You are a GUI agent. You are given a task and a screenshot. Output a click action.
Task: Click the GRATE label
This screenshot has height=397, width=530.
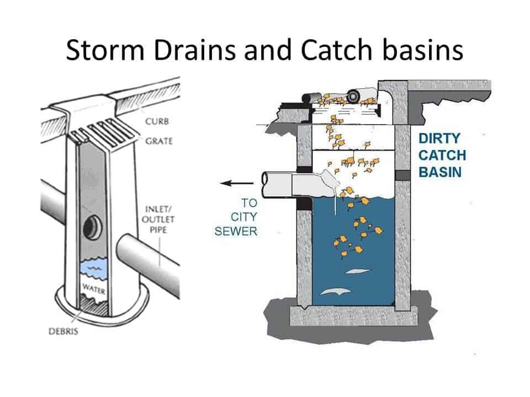[159, 141]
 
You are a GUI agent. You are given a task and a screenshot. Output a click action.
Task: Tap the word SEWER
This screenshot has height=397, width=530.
[236, 230]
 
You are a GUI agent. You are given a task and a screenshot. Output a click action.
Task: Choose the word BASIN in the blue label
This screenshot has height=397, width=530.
[440, 171]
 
